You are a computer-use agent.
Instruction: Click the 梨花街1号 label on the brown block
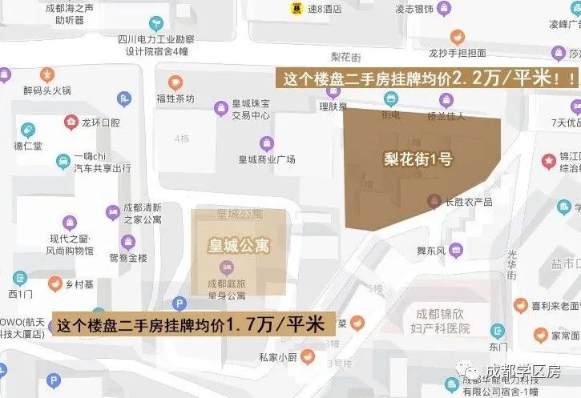click(418, 159)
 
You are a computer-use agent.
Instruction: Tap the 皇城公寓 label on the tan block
click(239, 245)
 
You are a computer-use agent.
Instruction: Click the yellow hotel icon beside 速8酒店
click(297, 9)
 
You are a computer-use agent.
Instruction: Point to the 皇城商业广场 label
click(267, 159)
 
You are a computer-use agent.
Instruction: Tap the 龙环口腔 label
click(100, 123)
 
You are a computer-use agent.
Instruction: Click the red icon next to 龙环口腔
click(71, 123)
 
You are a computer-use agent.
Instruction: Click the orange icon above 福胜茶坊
click(175, 82)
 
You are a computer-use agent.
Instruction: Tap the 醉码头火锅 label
click(47, 90)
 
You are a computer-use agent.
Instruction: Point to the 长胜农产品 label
click(469, 202)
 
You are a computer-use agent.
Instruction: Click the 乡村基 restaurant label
click(79, 284)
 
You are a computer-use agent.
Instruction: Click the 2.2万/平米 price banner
click(427, 78)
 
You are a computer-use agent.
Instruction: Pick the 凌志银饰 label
click(414, 9)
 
